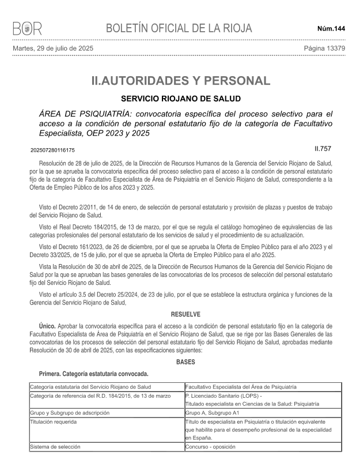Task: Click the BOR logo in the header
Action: [x=27, y=28]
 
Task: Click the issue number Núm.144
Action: [x=331, y=28]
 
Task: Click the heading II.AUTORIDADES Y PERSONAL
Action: [x=180, y=81]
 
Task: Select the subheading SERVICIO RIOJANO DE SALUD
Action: [x=180, y=99]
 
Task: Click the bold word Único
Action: [x=47, y=326]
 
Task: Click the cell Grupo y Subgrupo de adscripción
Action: [x=70, y=413]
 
